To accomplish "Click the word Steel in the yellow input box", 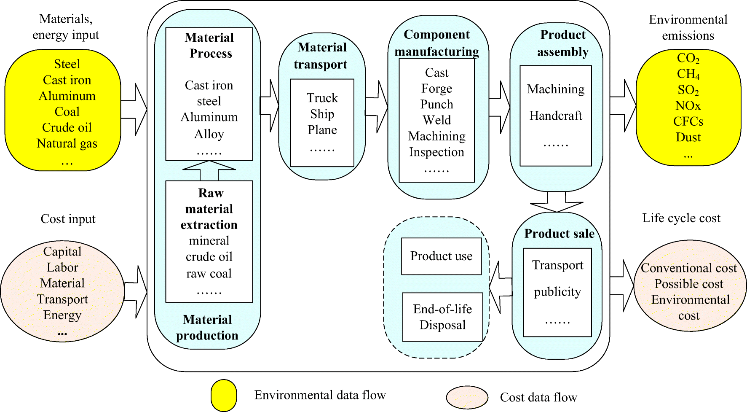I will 67,64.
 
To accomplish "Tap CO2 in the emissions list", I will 688,58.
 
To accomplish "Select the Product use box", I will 441,256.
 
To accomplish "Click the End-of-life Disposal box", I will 442,317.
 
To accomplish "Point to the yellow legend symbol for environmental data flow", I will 224,395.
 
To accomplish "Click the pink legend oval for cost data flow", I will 467,397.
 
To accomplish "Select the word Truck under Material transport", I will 322,98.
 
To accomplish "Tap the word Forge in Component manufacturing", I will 436,89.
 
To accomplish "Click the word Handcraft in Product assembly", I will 555,116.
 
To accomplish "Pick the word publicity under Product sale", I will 557,292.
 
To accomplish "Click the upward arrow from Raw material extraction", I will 209,171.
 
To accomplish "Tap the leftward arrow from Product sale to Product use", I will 500,287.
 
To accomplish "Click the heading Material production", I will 207,327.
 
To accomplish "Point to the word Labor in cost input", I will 62,267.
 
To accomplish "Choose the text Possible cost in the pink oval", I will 688,284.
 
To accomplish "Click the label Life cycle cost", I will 681,218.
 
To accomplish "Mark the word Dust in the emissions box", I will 688,137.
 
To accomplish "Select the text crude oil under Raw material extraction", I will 209,257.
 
